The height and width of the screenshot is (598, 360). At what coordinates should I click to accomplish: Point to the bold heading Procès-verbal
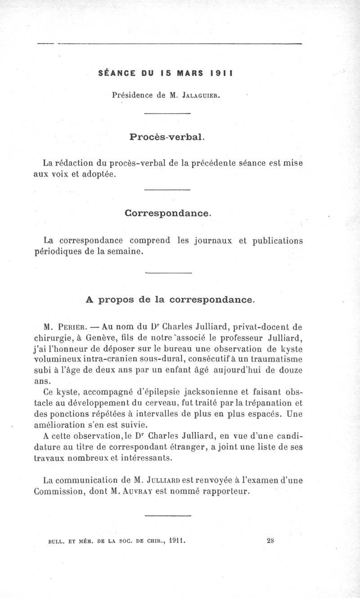tap(167, 137)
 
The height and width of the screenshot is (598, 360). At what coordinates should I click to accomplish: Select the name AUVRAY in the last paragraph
tap(135, 491)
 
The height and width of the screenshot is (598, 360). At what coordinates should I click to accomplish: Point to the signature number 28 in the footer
tap(270, 541)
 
